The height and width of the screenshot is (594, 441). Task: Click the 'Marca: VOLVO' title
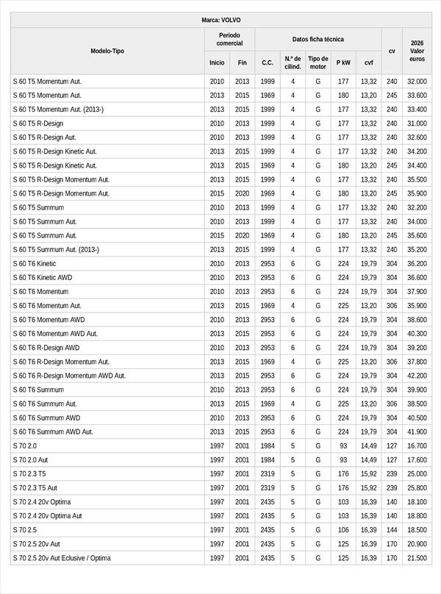[220, 20]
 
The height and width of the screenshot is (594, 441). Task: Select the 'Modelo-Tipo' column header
[107, 51]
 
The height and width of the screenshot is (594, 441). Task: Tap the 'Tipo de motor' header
[318, 62]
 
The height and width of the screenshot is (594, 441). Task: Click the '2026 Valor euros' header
[417, 51]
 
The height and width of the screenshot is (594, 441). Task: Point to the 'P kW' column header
[343, 62]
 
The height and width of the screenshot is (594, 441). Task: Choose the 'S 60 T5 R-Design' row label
[38, 124]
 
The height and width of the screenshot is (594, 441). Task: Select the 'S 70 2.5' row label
[25, 530]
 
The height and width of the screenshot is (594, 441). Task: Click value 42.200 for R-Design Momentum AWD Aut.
[417, 376]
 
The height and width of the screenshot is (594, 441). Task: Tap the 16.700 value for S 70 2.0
[417, 446]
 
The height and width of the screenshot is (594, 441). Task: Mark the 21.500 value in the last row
[417, 559]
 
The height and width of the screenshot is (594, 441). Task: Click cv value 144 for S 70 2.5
[392, 530]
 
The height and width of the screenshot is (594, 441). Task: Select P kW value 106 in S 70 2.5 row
[343, 530]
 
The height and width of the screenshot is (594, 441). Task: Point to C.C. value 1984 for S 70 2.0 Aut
[268, 460]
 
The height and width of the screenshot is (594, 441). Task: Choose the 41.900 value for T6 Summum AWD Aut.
[417, 432]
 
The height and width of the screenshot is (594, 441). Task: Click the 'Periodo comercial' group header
[230, 39]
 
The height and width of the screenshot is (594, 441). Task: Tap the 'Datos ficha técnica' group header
[318, 39]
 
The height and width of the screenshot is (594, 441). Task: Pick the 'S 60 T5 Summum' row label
[38, 208]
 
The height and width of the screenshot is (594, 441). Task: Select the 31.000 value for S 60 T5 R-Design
[417, 124]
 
